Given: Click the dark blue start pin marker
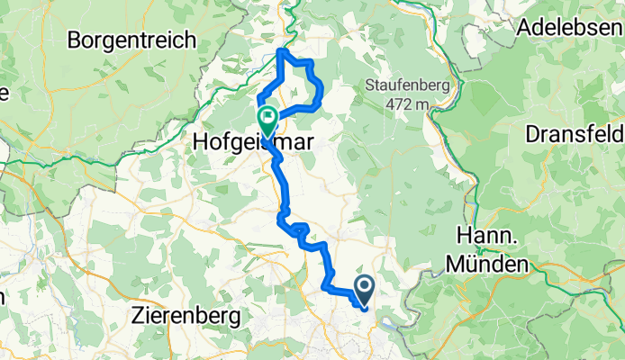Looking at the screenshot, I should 366,291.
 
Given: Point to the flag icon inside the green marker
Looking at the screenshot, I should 267,117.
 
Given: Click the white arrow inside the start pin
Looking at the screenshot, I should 366,288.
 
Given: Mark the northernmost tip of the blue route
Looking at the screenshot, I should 284,49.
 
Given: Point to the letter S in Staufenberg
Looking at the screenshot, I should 369,85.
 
